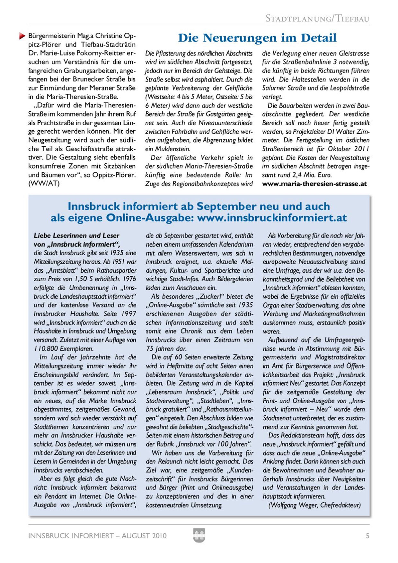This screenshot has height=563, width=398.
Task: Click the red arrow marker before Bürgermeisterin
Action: click(x=22, y=36)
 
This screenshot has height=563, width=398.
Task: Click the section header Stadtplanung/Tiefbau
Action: click(x=317, y=19)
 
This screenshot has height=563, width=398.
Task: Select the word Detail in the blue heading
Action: click(x=318, y=38)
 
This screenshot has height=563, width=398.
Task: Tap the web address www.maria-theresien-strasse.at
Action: click(x=314, y=184)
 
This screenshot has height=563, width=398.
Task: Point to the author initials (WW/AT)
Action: click(x=44, y=184)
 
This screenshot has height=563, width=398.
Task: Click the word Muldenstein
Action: click(x=173, y=149)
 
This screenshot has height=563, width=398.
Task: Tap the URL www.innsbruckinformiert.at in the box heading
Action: click(x=272, y=218)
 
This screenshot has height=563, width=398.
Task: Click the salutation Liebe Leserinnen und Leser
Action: click(x=76, y=236)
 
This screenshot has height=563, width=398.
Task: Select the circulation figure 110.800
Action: click(x=46, y=349)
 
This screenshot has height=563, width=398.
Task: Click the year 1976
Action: click(x=129, y=279)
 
